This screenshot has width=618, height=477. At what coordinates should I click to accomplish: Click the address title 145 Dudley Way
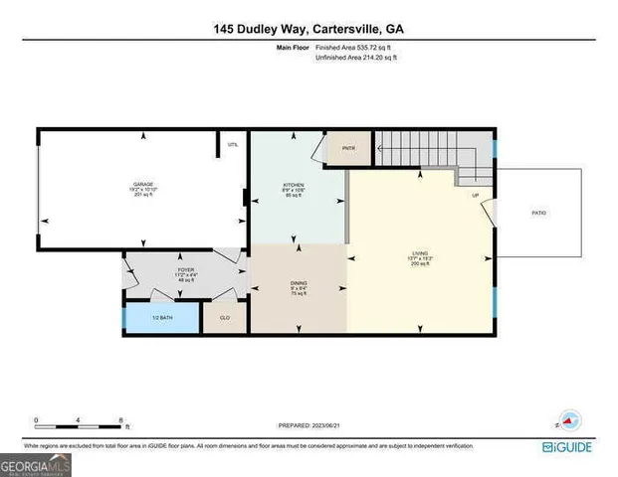tap(309, 30)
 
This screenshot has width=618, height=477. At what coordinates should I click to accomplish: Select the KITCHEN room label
tap(293, 186)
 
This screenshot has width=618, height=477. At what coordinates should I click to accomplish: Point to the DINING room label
tap(298, 284)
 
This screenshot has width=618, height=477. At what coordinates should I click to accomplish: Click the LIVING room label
tap(420, 255)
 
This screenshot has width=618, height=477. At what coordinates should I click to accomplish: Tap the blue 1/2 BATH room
tap(162, 317)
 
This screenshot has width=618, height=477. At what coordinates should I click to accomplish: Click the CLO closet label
tap(224, 317)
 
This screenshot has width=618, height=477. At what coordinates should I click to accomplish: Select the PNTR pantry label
tap(348, 149)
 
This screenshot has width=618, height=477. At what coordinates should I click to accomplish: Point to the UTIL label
tap(233, 145)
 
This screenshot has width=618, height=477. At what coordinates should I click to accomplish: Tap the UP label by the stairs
tap(476, 196)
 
